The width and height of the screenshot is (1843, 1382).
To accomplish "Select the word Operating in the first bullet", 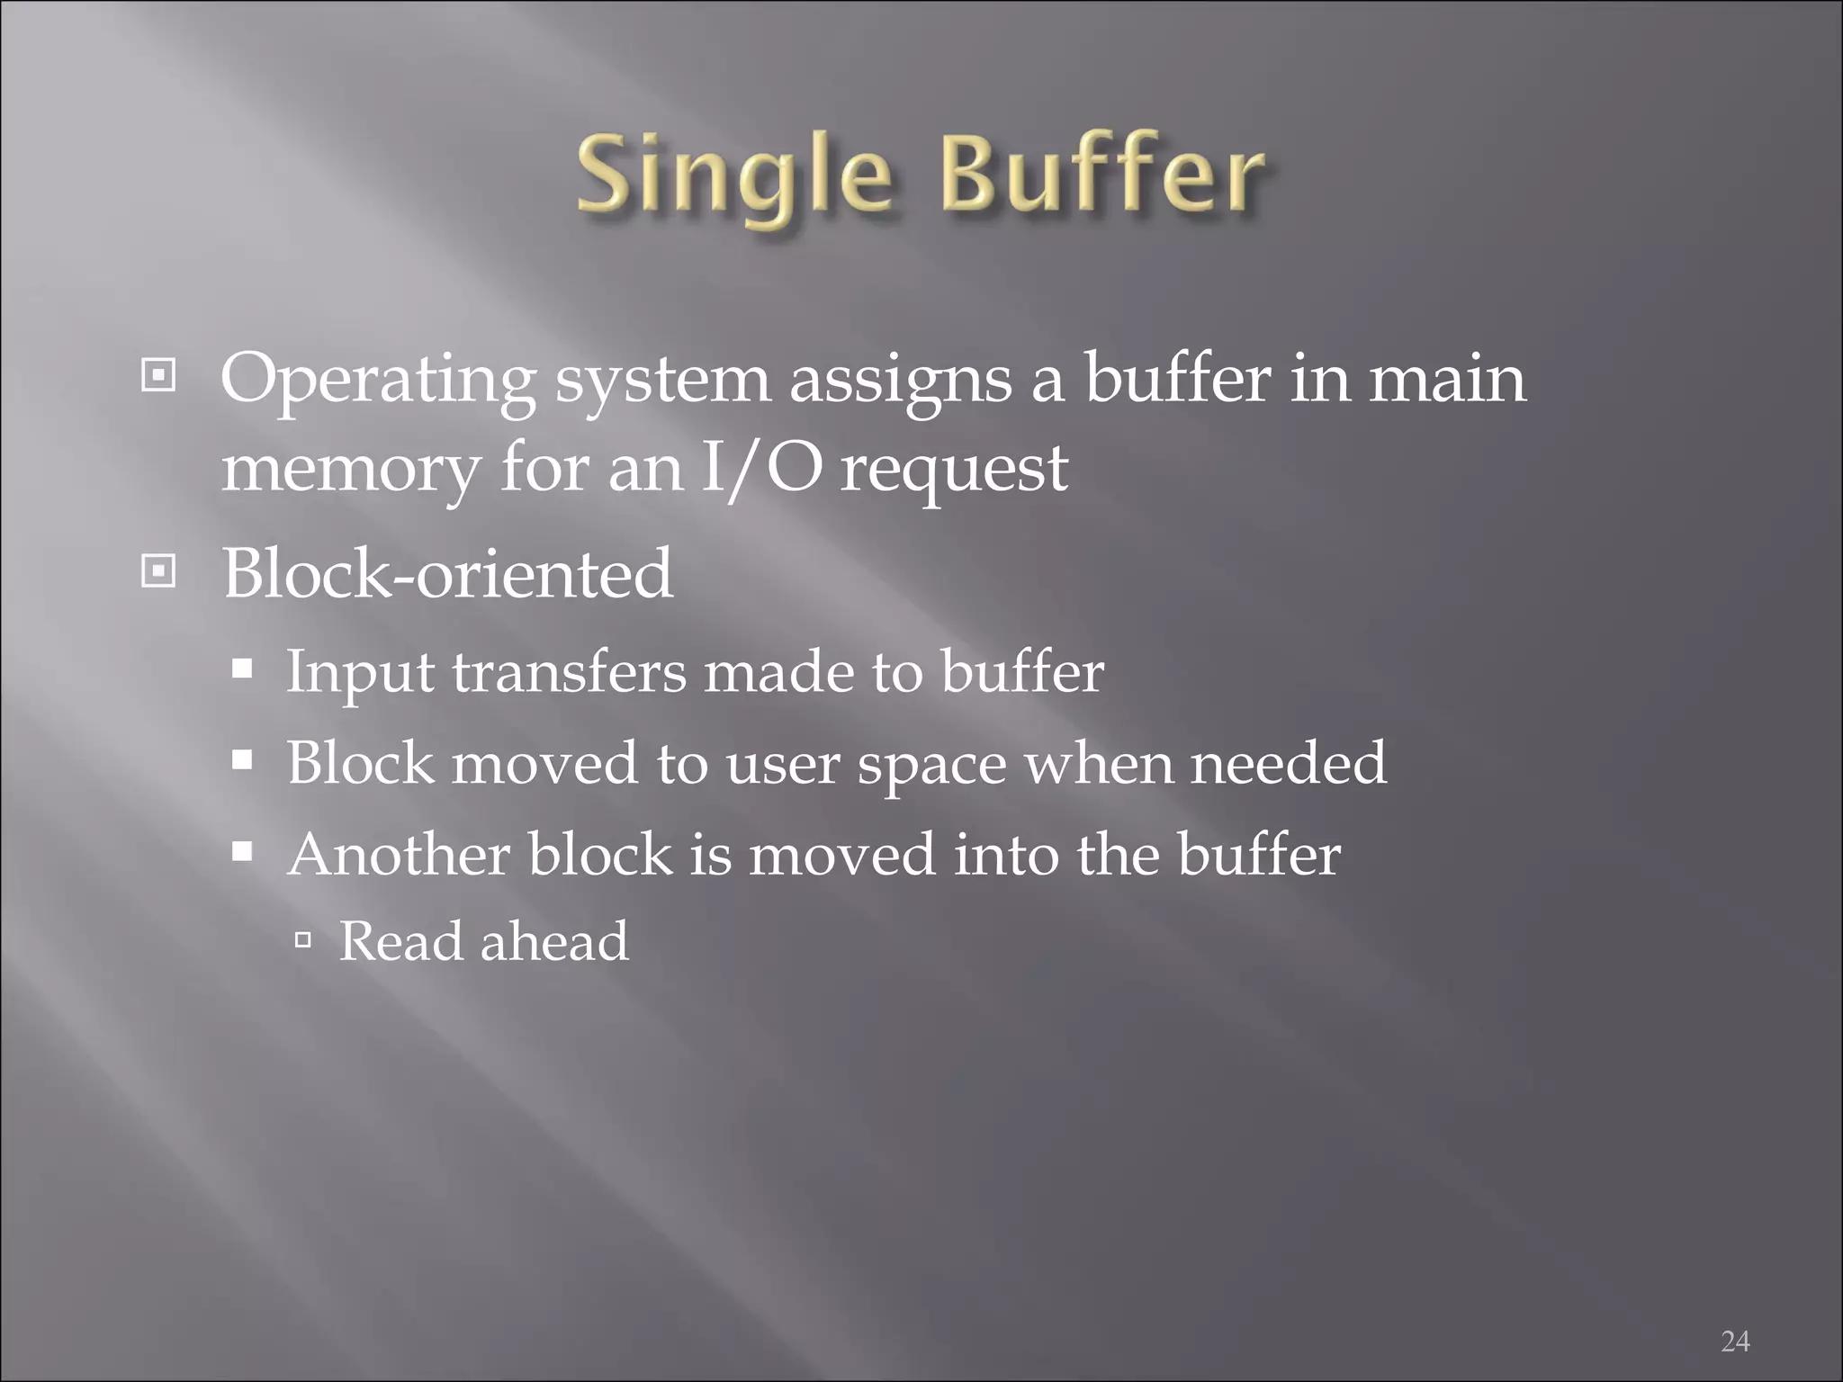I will click(x=378, y=381).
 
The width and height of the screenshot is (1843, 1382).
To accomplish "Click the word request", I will click(x=954, y=471).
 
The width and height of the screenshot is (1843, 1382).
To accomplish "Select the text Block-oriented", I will click(x=447, y=573).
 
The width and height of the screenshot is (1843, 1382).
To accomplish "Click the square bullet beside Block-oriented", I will click(x=158, y=570).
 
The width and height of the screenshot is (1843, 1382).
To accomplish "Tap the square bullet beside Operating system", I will click(x=158, y=375).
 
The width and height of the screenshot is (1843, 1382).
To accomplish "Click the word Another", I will click(x=399, y=854).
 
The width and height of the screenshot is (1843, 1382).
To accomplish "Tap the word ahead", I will click(x=554, y=941).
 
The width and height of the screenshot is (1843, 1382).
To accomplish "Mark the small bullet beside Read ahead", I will click(x=303, y=941).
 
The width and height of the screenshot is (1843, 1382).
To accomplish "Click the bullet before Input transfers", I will click(x=241, y=670).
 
